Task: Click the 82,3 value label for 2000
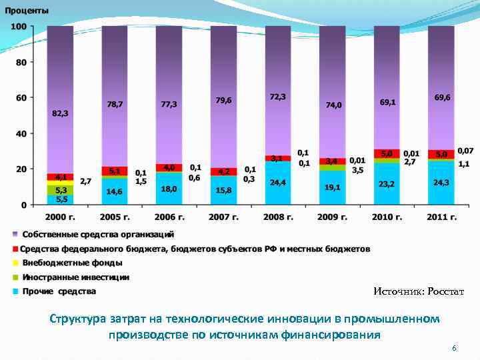coord(60,113)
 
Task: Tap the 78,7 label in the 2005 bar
coord(115,105)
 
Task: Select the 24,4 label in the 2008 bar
coord(278,182)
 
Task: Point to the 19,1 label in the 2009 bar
coord(333,188)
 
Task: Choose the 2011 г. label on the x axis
coord(441,217)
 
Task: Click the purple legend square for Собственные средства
coord(15,235)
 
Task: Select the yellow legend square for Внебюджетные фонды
coord(15,263)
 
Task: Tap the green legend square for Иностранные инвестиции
coord(15,277)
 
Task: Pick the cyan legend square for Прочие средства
coord(15,291)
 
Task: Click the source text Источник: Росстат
coord(418,291)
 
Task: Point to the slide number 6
coord(454,349)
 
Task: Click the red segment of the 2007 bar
coord(223,171)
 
